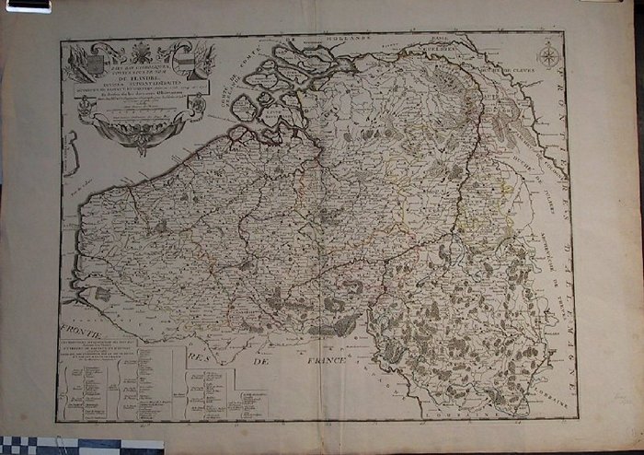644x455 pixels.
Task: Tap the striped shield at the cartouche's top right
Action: pos(183,62)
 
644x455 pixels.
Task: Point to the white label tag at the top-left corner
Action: pos(27,6)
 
